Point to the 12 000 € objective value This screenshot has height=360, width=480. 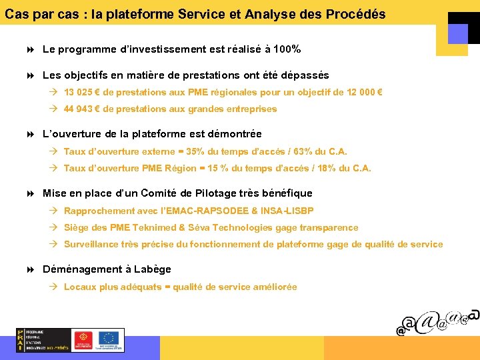point(365,93)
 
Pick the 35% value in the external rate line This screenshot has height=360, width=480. point(196,152)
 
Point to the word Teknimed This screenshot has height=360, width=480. point(150,228)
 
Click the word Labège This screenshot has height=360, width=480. point(152,269)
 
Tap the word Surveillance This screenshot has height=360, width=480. point(91,245)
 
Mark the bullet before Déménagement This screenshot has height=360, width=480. point(33,269)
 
